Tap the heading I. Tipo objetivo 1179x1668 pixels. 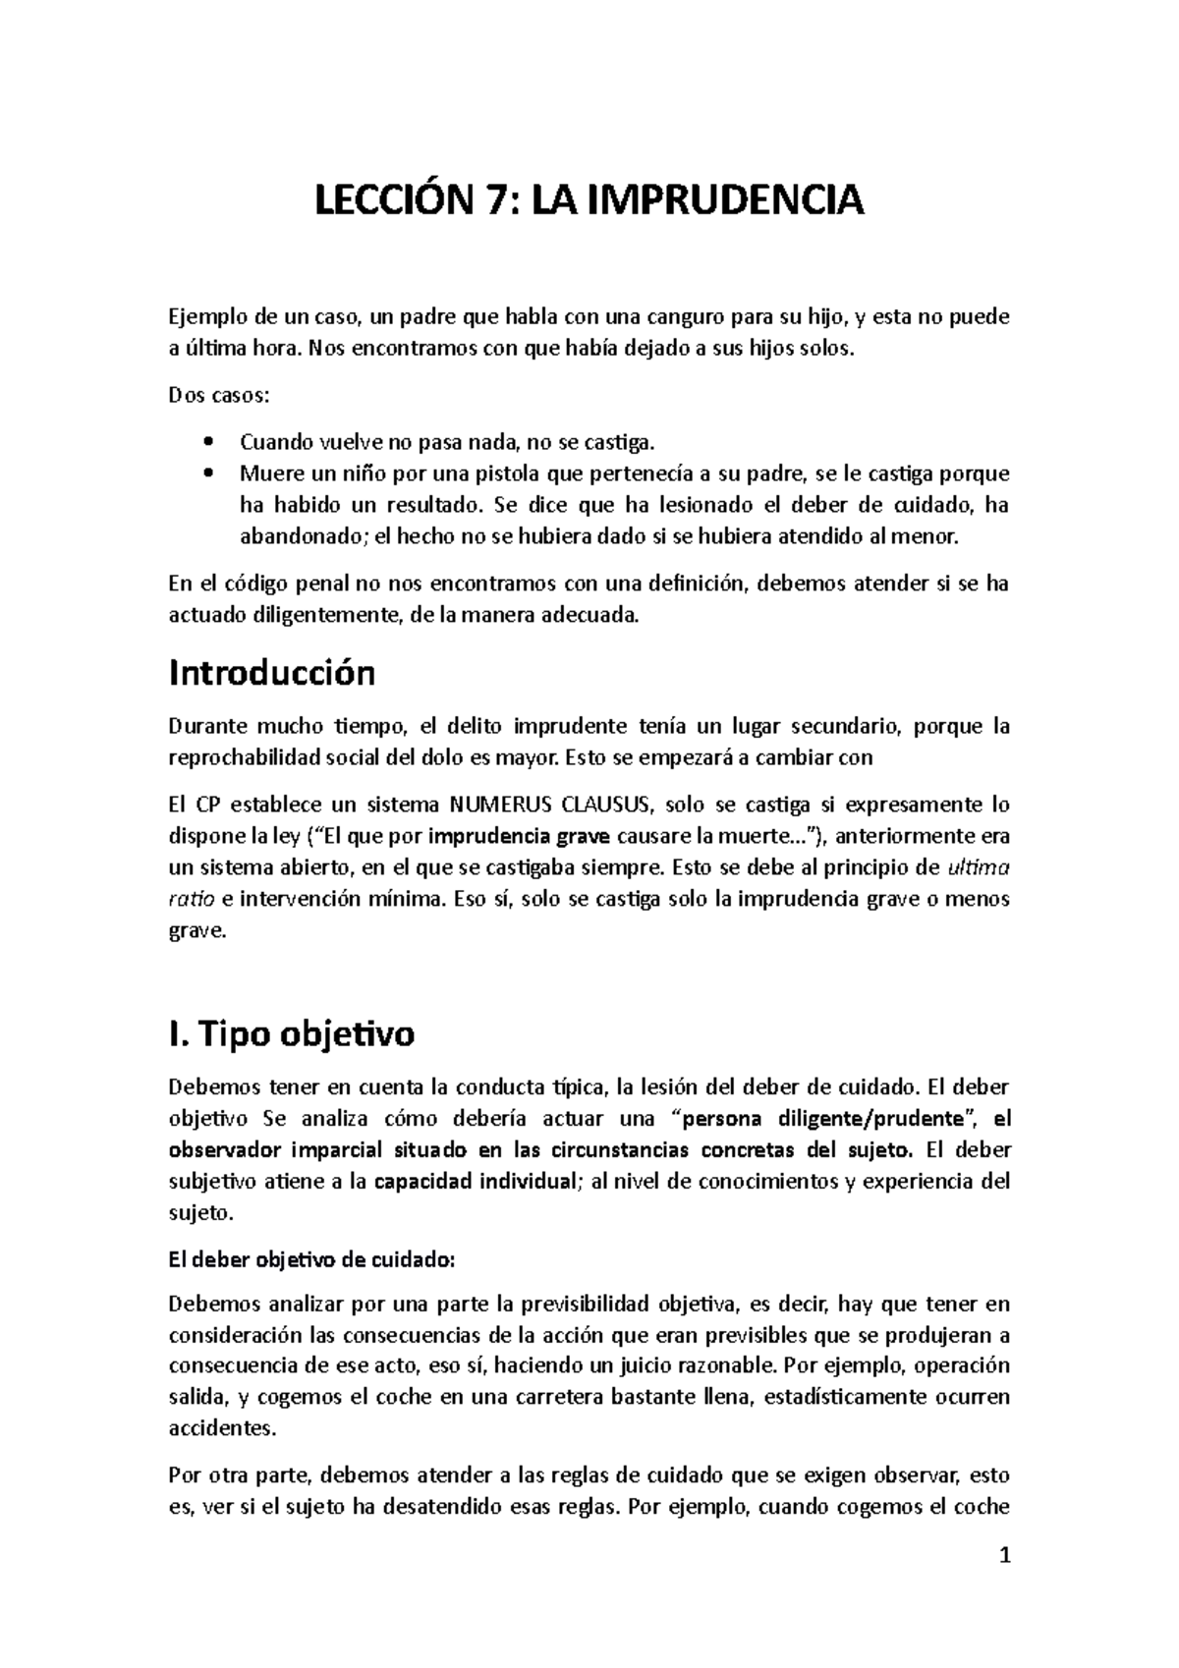pyautogui.click(x=292, y=1033)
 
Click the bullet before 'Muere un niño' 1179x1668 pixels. pyautogui.click(x=204, y=473)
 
